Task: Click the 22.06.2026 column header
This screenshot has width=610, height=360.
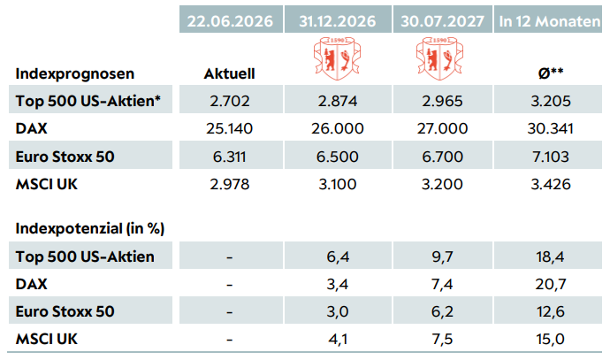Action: point(231,21)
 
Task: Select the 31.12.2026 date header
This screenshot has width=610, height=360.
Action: point(338,21)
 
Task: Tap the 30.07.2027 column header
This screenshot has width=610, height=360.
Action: point(442,21)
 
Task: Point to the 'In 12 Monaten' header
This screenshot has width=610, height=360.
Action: point(550,21)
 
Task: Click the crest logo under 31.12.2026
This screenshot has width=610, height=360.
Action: point(338,58)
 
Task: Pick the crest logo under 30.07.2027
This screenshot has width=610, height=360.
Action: point(440,58)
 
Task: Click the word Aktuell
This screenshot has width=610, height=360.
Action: point(230,73)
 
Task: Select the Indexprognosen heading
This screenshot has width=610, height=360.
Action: point(75,73)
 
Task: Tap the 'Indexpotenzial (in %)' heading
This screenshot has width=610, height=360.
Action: point(90,228)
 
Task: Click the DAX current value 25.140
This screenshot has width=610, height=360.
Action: point(230,128)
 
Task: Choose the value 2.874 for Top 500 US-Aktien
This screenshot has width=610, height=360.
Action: point(338,101)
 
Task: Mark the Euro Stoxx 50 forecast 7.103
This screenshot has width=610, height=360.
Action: point(551,157)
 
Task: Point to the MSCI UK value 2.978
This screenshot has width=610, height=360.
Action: point(230,184)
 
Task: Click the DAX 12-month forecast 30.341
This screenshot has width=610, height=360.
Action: point(551,128)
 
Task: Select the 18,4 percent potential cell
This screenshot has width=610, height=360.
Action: point(551,257)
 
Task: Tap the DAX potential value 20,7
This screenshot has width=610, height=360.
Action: point(551,284)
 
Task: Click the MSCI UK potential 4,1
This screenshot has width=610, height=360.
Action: point(338,339)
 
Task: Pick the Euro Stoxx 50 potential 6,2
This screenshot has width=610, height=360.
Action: point(442,311)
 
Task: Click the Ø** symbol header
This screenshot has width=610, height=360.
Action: point(551,73)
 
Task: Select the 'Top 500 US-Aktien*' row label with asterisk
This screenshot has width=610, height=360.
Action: point(88,101)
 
